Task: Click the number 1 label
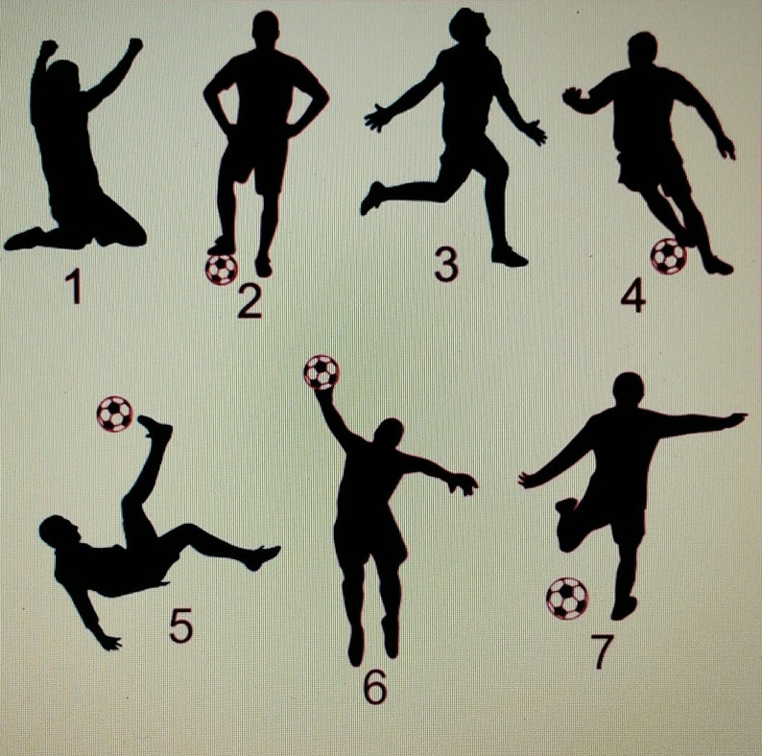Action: point(73,287)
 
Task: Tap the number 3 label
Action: point(445,264)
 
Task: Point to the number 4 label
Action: point(633,296)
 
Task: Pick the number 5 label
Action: point(180,626)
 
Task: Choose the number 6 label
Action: point(374,686)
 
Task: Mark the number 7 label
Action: point(602,651)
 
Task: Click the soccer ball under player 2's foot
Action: point(221,268)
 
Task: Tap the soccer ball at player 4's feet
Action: point(668,255)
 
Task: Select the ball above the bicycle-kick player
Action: point(115,413)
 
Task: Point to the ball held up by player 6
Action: point(321,372)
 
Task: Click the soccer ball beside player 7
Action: point(566,599)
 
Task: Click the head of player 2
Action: point(266,28)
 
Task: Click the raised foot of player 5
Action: point(154,426)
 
